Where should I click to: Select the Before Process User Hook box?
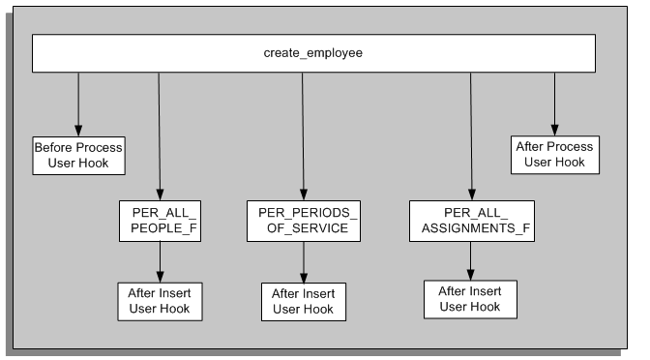[x=78, y=155]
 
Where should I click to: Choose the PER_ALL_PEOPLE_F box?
[x=160, y=220]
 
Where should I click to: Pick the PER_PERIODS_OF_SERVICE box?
[x=304, y=220]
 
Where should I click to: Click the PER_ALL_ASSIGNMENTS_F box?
[x=471, y=220]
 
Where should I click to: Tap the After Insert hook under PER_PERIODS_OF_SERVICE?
[x=304, y=299]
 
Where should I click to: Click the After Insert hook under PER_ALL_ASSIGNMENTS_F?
[x=471, y=297]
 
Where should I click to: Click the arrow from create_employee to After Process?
[x=555, y=103]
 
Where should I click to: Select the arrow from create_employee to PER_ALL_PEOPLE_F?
[x=160, y=135]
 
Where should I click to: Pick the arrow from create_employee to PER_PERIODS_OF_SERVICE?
[x=303, y=135]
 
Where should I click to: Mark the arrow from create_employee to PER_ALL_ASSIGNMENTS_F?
[x=471, y=135]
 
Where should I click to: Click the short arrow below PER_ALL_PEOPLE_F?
[x=160, y=258]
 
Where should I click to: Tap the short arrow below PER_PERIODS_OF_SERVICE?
[x=304, y=258]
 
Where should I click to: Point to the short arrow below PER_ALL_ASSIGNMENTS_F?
[x=471, y=257]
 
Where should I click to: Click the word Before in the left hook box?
[x=54, y=147]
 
